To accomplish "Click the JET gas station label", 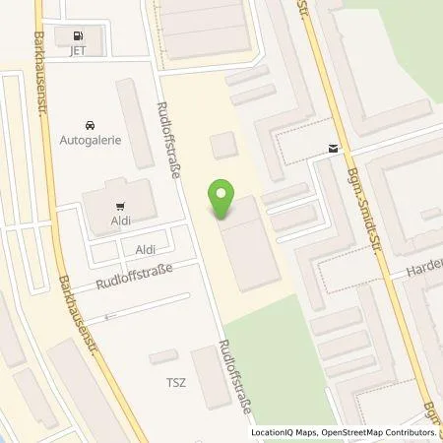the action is coord(75,51).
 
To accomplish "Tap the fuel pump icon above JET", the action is coord(76,34).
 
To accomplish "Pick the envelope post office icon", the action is coord(333,150).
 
